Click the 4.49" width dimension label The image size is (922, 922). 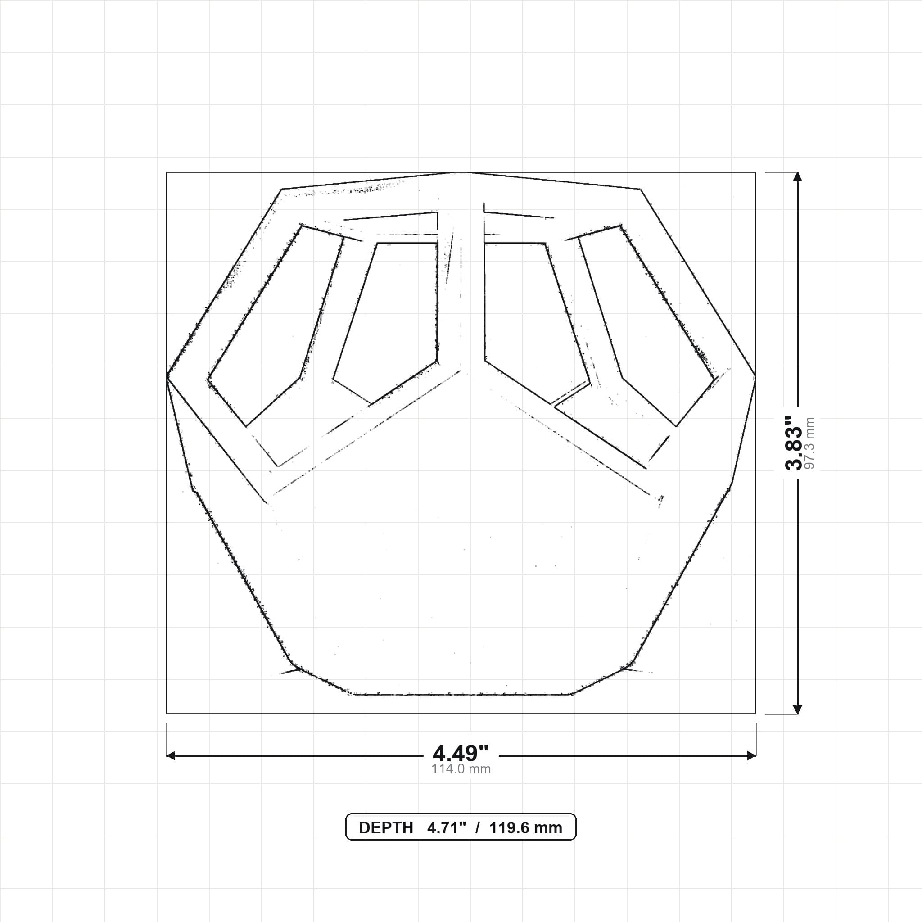point(461,753)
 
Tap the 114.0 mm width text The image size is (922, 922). point(461,769)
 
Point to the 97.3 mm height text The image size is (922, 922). point(810,443)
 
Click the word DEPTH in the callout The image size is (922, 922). point(386,828)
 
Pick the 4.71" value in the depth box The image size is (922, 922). point(446,828)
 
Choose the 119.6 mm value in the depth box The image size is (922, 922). point(525,828)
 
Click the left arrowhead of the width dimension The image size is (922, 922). point(170,755)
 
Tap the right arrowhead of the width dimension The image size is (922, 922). point(752,755)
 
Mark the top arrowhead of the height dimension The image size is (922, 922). point(797,176)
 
